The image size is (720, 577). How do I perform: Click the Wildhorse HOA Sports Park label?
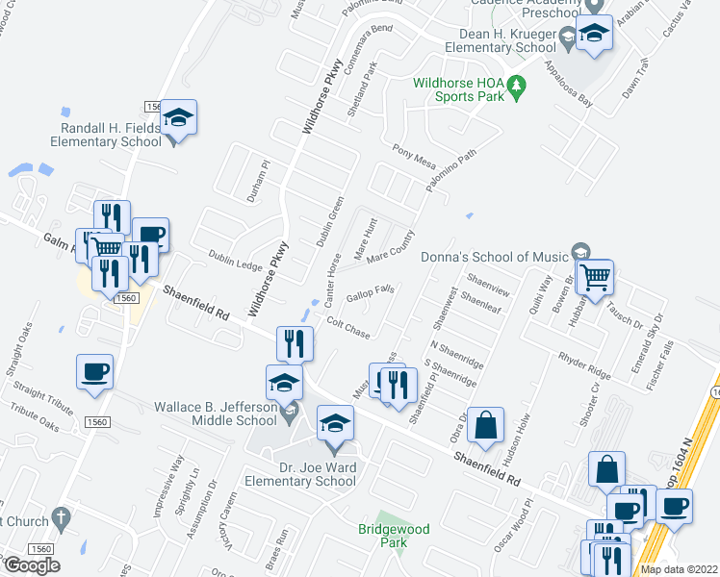click(x=457, y=90)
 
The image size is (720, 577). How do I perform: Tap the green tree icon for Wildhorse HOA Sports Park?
click(x=517, y=88)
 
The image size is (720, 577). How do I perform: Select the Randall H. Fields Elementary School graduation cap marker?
click(x=178, y=118)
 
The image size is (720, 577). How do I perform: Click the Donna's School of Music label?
click(x=494, y=257)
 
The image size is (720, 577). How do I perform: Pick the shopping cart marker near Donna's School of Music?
click(x=596, y=277)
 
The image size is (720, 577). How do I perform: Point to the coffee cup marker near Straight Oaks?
click(x=95, y=372)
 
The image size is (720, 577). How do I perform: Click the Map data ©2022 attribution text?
click(x=680, y=569)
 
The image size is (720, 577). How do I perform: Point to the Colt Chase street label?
click(x=348, y=327)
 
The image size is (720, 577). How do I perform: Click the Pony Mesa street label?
click(x=414, y=157)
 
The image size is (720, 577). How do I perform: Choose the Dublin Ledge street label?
click(x=235, y=260)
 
